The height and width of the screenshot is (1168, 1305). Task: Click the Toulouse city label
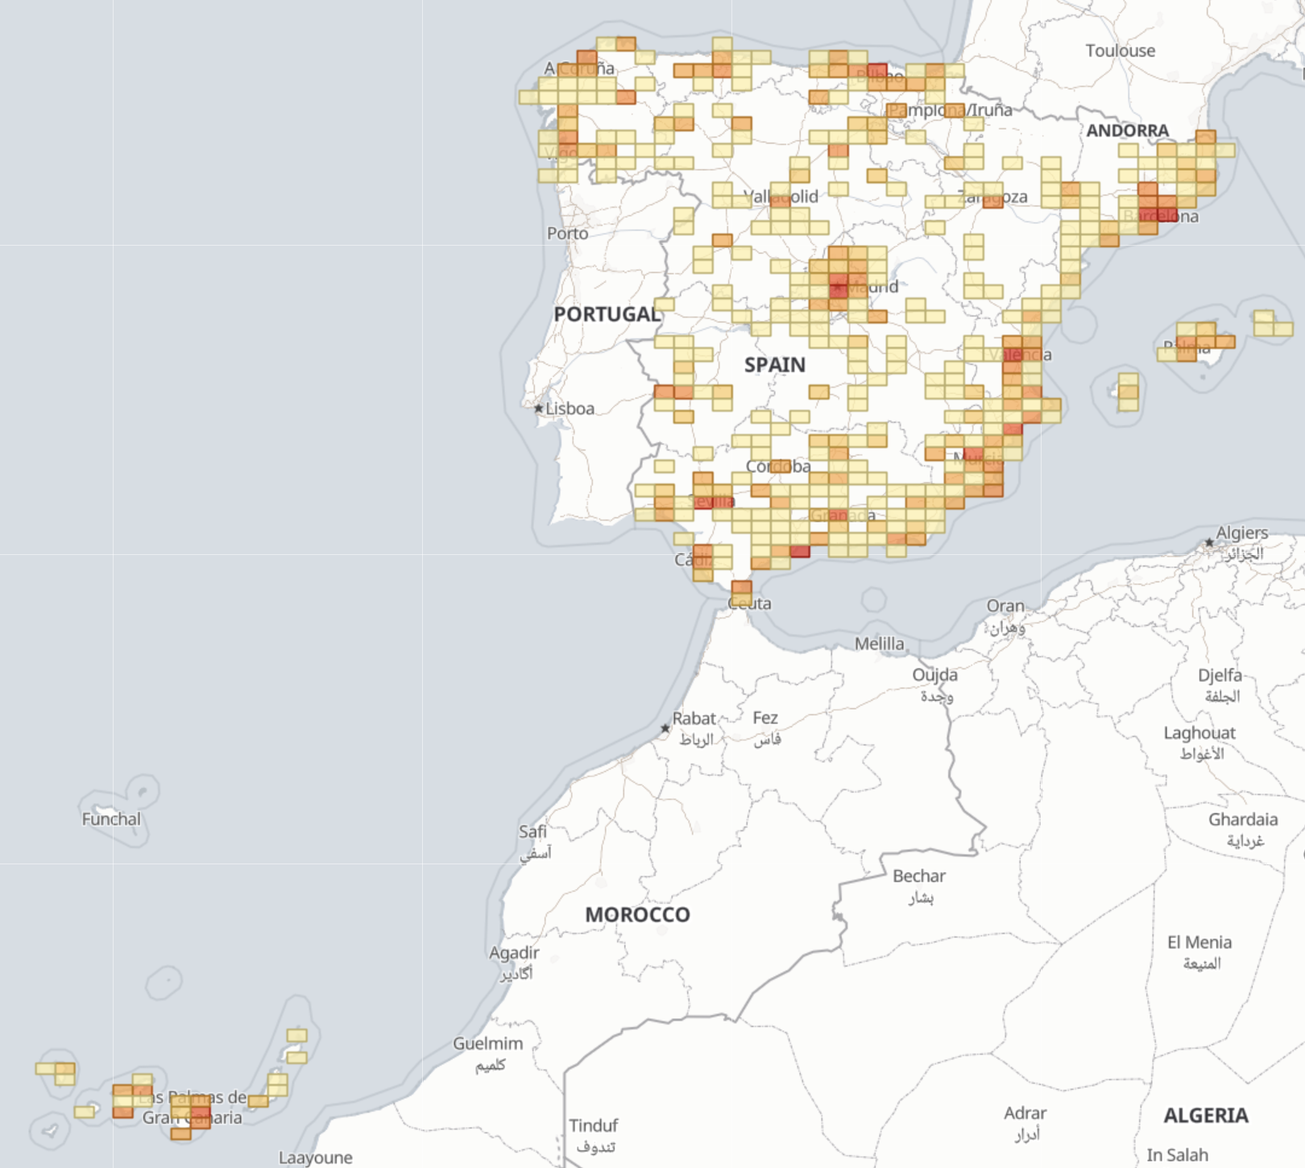click(1120, 51)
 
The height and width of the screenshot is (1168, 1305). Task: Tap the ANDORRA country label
click(1127, 130)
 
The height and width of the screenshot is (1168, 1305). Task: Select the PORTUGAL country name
click(607, 314)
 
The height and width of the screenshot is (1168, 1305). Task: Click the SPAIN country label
click(774, 365)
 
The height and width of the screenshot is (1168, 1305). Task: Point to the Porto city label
click(567, 234)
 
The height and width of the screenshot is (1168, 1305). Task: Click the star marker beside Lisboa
click(539, 408)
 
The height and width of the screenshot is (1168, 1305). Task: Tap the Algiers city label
click(1241, 532)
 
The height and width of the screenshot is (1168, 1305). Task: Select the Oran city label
click(1005, 606)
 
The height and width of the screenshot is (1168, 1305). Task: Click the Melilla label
click(879, 644)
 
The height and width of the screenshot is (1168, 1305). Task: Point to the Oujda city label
click(934, 674)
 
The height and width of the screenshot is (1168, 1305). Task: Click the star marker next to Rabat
click(665, 728)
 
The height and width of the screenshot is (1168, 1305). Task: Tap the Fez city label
click(765, 718)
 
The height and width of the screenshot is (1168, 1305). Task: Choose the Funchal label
click(111, 819)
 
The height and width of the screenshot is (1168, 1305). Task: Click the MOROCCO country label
click(637, 915)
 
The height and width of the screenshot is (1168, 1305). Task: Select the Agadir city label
click(514, 953)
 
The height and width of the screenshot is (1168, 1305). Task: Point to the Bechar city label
click(918, 876)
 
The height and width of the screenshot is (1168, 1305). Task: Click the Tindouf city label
click(594, 1125)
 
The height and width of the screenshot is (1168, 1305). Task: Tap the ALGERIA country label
click(1205, 1116)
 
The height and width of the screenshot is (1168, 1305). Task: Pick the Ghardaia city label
click(1242, 819)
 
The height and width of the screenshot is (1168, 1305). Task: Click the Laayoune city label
click(315, 1158)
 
